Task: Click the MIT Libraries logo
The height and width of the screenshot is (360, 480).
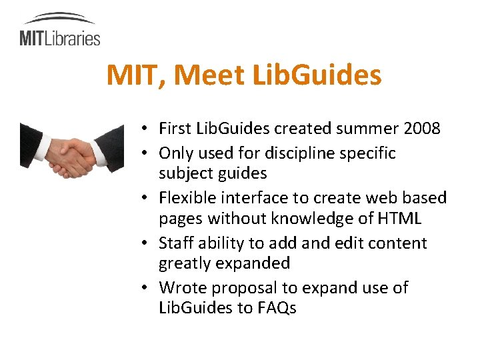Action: pyautogui.click(x=59, y=30)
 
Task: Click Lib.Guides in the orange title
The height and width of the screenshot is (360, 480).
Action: pyautogui.click(x=317, y=75)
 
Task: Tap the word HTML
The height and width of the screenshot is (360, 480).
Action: pyautogui.click(x=399, y=218)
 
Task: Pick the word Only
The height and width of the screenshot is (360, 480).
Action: pyautogui.click(x=175, y=153)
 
